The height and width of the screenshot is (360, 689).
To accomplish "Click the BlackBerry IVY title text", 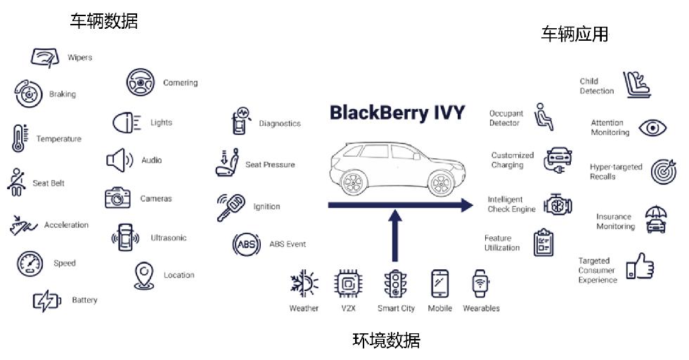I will coord(397,112).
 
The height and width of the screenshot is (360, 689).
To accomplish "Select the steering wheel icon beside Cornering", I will coord(141,82).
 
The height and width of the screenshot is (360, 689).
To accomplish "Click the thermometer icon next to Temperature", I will coord(19,139).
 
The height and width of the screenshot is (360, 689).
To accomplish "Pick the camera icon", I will coord(117,198).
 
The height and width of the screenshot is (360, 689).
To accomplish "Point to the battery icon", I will coord(48,301).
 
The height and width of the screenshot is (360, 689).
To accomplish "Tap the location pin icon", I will coord(145,276).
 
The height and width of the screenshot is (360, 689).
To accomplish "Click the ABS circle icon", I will coord(247,245).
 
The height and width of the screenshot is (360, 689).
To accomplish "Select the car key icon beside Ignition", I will coord(231,206).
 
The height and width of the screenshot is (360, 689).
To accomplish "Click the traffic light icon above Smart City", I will coord(395,284).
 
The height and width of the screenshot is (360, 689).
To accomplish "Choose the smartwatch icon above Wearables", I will coord(481,284).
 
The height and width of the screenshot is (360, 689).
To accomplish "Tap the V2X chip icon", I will coord(349,284).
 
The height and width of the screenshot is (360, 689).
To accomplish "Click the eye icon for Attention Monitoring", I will coord(652,128).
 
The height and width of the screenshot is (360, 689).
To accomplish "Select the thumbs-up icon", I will coord(640,268).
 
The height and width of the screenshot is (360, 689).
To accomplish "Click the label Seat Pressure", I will coord(270,165).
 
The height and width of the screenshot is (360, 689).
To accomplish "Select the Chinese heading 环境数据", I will coord(386,341).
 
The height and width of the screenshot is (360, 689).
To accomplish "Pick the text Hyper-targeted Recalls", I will coord(616,172).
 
